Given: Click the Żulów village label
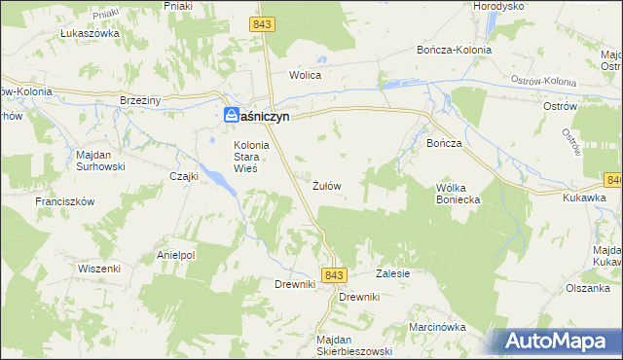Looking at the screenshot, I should click(326, 185).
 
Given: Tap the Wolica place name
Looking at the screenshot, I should click(305, 75).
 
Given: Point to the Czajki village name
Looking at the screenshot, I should click(184, 176).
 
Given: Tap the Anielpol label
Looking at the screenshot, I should click(176, 255).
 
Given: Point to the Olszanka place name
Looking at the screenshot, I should click(587, 288).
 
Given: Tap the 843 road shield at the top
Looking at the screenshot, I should click(261, 23).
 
